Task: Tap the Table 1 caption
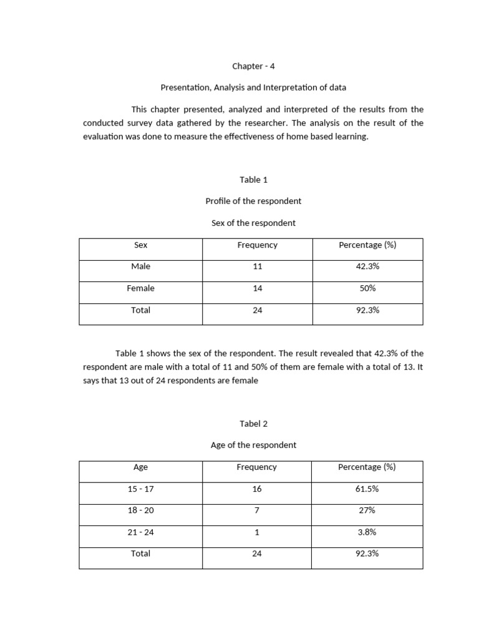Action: pyautogui.click(x=253, y=180)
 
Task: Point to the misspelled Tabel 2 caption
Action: pyautogui.click(x=253, y=424)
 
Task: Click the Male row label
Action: pyautogui.click(x=141, y=266)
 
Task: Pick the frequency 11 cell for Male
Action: pyautogui.click(x=257, y=266)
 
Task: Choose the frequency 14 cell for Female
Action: pyautogui.click(x=257, y=288)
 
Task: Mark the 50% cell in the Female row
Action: pyautogui.click(x=367, y=288)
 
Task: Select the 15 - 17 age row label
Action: pyautogui.click(x=141, y=489)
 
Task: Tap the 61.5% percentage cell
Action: pyautogui.click(x=367, y=489)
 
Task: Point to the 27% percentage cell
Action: pyautogui.click(x=367, y=510)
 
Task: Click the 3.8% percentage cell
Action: pyautogui.click(x=367, y=532)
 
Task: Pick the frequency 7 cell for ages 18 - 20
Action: pyautogui.click(x=257, y=510)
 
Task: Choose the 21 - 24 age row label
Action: pyautogui.click(x=141, y=532)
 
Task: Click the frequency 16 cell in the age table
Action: pyautogui.click(x=257, y=489)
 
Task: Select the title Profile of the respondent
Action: pyautogui.click(x=253, y=201)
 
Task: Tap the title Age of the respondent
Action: pyautogui.click(x=253, y=445)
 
